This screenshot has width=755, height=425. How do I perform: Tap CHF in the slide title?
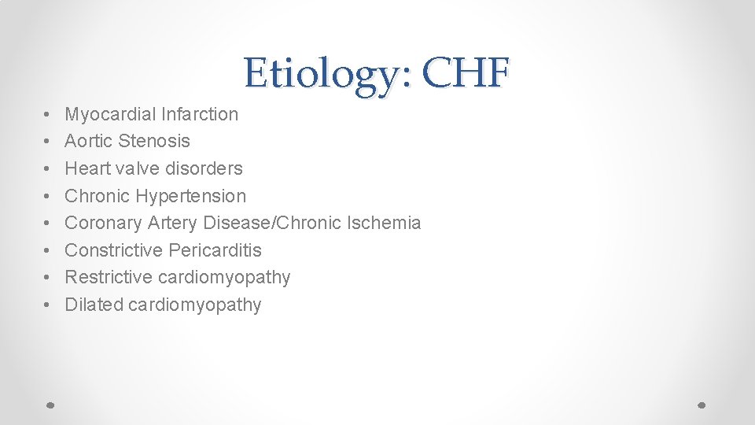point(465,73)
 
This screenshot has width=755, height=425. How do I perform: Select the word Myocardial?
point(110,114)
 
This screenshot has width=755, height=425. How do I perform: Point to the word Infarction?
point(200,114)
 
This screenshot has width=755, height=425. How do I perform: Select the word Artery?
point(173,223)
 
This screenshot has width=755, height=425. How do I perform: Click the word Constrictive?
point(113,250)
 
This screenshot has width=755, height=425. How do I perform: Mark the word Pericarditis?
point(215,250)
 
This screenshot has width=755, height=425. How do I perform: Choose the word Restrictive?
point(109,277)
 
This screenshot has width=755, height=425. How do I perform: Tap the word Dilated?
point(90,305)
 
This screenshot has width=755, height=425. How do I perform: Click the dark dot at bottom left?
point(50,404)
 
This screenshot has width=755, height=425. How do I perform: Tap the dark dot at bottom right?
point(703,404)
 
